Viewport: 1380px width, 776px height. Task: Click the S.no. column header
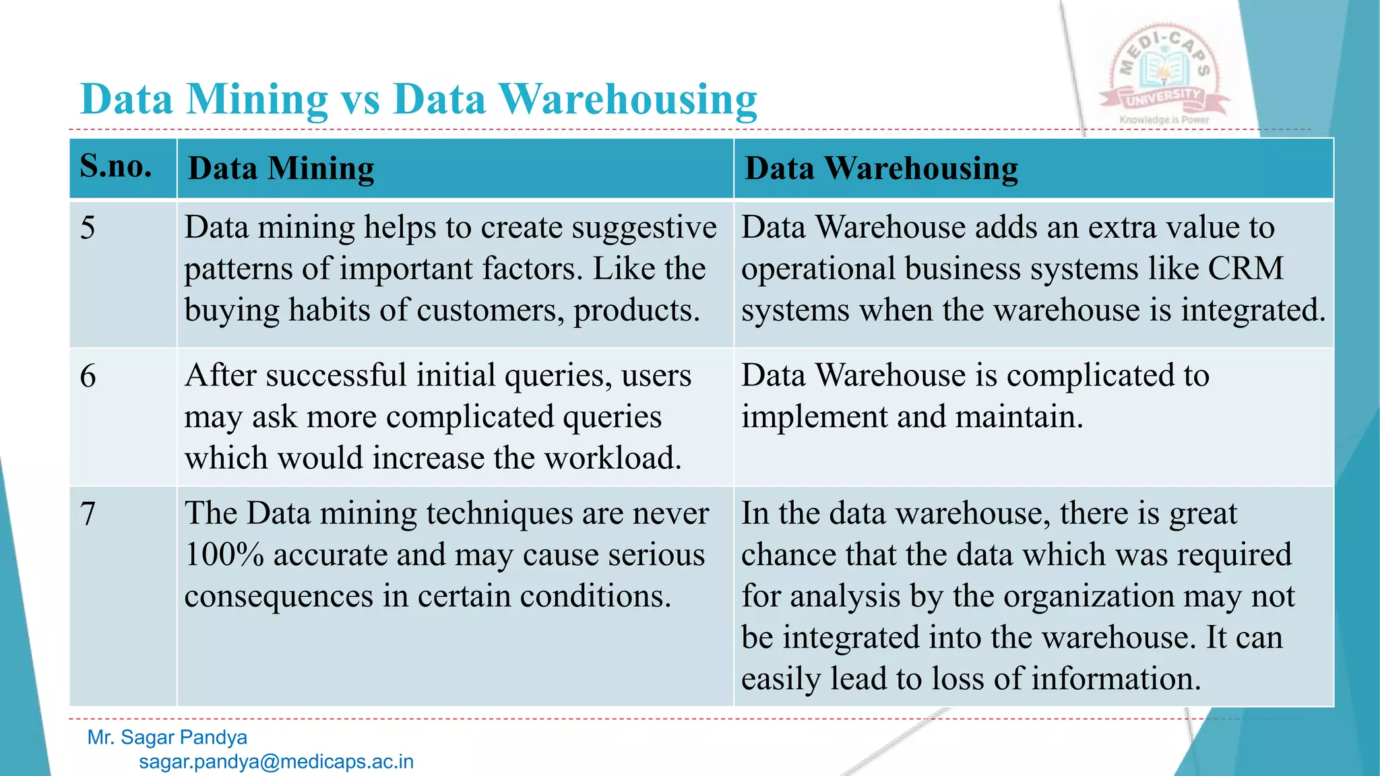(x=116, y=166)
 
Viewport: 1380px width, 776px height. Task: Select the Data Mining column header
(x=281, y=168)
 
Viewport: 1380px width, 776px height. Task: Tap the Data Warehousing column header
(x=881, y=168)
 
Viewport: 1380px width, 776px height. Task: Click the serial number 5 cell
(x=88, y=228)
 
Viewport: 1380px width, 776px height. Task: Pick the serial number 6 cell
(x=88, y=376)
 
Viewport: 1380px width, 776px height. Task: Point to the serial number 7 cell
(x=88, y=514)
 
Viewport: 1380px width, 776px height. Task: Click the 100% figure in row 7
(x=224, y=555)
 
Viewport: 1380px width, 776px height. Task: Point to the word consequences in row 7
(x=279, y=597)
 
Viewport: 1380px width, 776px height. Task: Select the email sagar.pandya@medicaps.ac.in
(x=276, y=762)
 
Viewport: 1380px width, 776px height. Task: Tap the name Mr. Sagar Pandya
(x=167, y=738)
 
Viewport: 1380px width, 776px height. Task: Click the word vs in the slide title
(x=360, y=100)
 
